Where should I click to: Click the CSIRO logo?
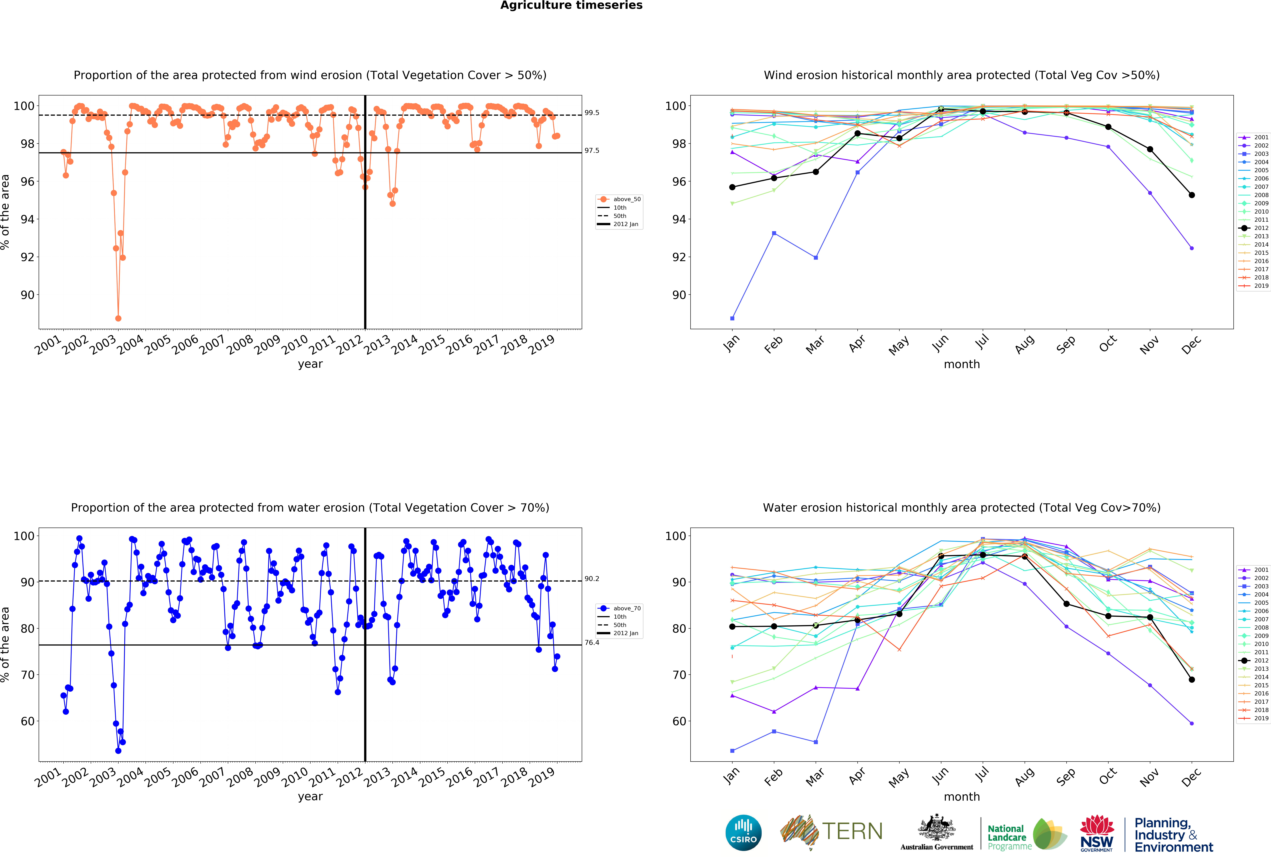[x=743, y=833]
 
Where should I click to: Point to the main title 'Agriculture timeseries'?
[x=571, y=5]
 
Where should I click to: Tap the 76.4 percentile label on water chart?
[x=592, y=642]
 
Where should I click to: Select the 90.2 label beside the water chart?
[x=592, y=578]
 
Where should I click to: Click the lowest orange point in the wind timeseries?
[x=118, y=318]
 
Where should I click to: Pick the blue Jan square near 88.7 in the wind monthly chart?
[x=732, y=318]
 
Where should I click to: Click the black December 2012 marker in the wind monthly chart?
[x=1192, y=195]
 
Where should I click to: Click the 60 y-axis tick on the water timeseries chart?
[x=27, y=721]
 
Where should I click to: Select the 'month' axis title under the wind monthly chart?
[x=961, y=364]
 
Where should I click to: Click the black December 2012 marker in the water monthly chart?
[x=1192, y=680]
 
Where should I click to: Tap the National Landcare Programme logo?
[x=1026, y=834]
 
